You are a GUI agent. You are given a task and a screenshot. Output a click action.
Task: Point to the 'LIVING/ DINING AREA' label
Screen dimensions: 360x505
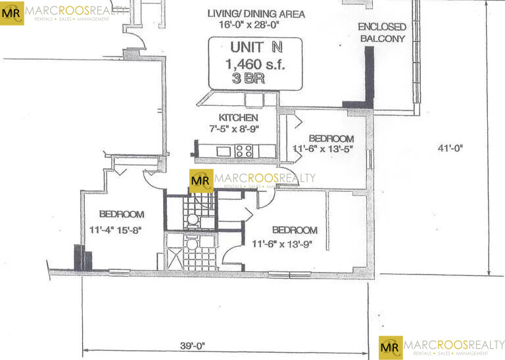(x=256, y=14)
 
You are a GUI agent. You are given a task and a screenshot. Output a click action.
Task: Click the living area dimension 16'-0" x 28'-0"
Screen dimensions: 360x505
(x=256, y=26)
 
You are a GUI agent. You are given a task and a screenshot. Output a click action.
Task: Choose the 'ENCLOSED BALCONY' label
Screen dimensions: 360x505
(x=381, y=32)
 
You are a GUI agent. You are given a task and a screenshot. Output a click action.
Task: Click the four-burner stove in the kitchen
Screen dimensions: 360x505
(x=244, y=150)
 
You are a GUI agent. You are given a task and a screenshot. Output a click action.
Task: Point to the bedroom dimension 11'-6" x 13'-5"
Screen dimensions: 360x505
(x=324, y=148)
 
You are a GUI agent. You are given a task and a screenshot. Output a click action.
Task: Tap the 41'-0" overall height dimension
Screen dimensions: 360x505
(x=449, y=148)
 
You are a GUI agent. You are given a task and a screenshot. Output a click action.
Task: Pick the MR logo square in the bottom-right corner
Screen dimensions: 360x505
(x=391, y=346)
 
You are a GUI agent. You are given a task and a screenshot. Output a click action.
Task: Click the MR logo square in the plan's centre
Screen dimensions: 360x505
(x=201, y=181)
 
